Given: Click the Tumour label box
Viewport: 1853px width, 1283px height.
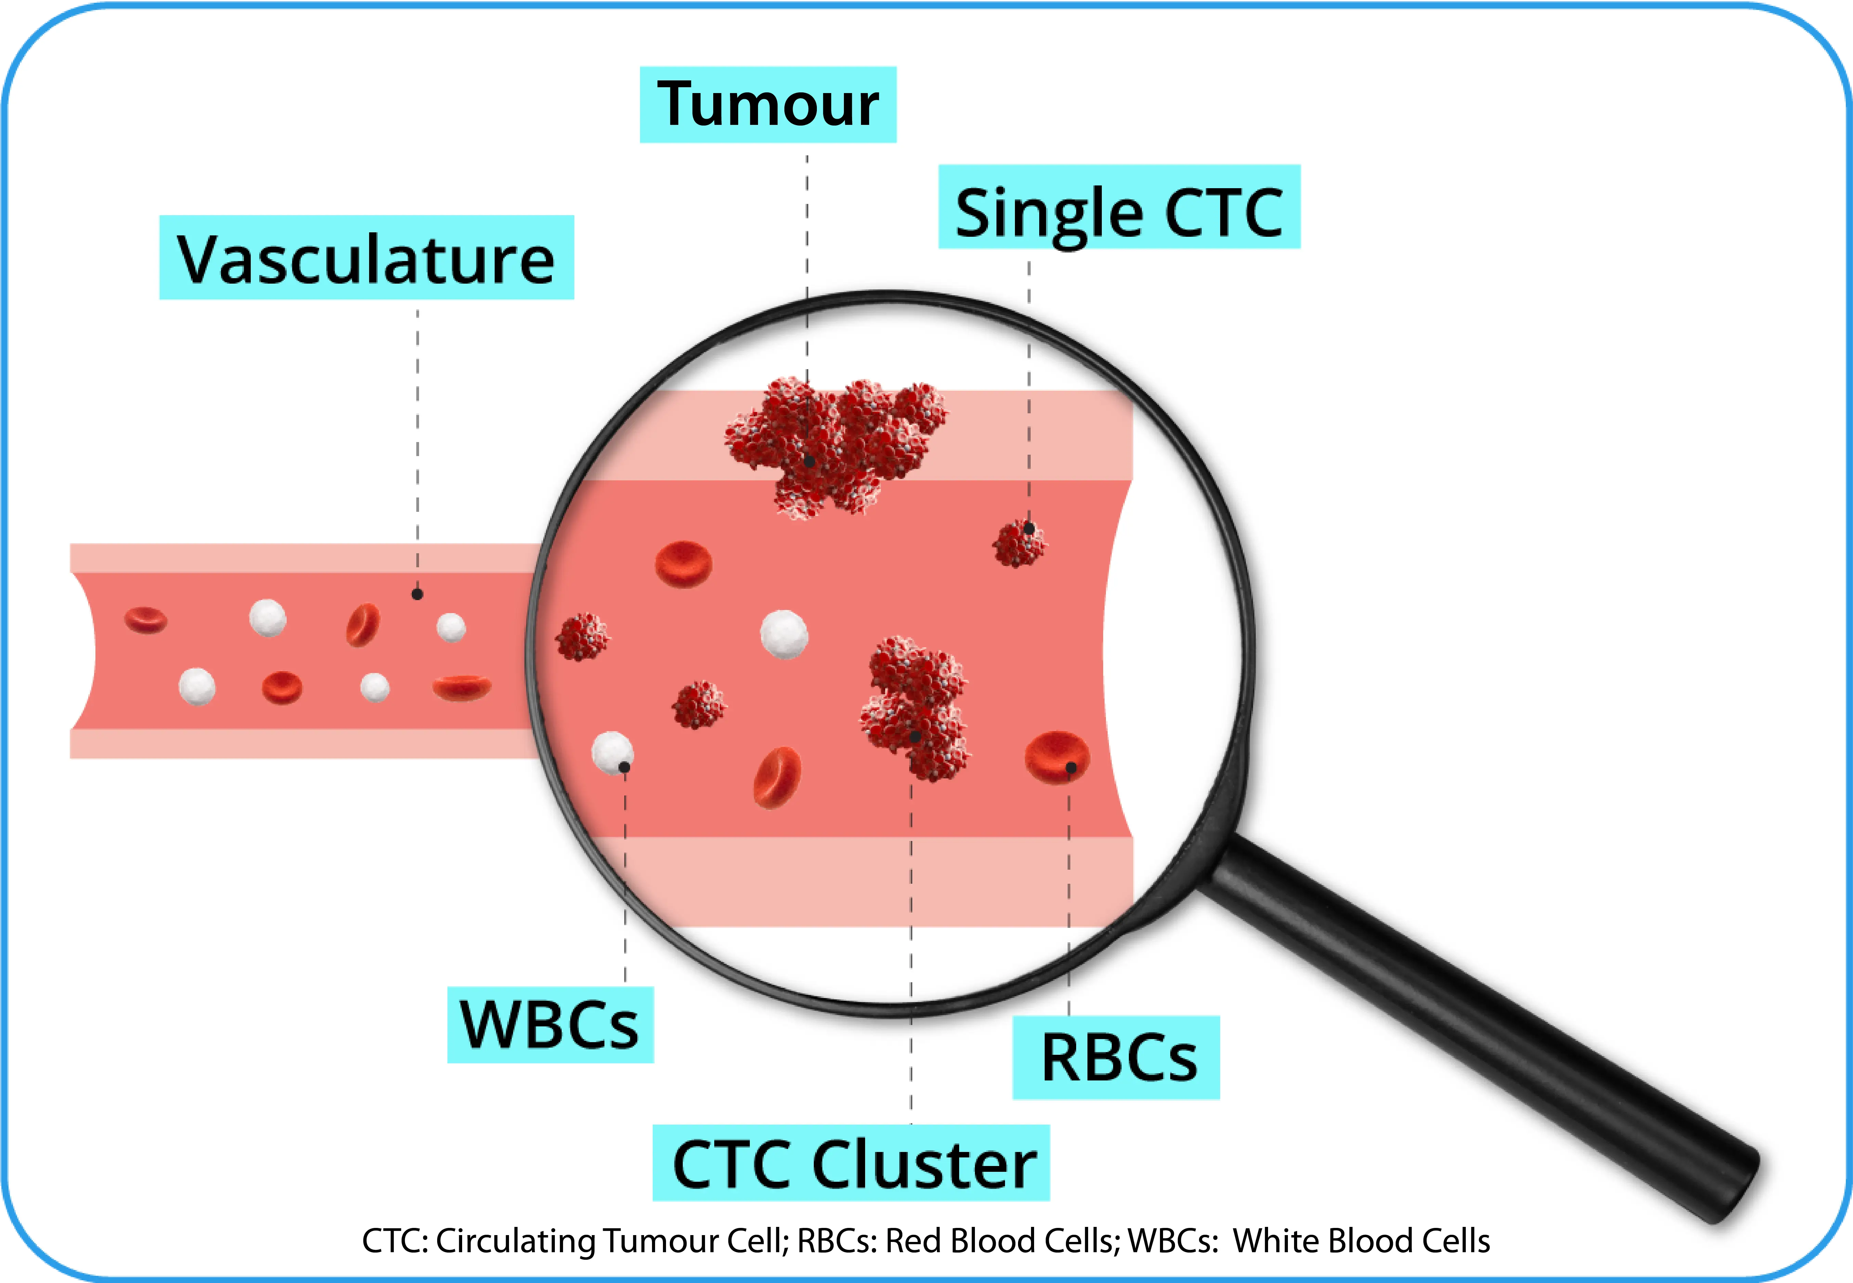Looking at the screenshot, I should click(767, 104).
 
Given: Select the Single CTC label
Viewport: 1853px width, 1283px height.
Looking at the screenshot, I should click(1119, 207).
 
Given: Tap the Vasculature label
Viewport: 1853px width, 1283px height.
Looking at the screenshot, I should click(366, 258).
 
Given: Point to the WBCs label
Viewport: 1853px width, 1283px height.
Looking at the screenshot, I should click(550, 1025).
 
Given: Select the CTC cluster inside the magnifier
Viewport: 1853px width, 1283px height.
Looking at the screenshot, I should click(916, 708).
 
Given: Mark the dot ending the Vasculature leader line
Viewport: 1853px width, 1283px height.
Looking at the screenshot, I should click(417, 594).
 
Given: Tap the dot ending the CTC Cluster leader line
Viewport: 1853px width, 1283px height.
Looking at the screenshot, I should click(914, 736).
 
